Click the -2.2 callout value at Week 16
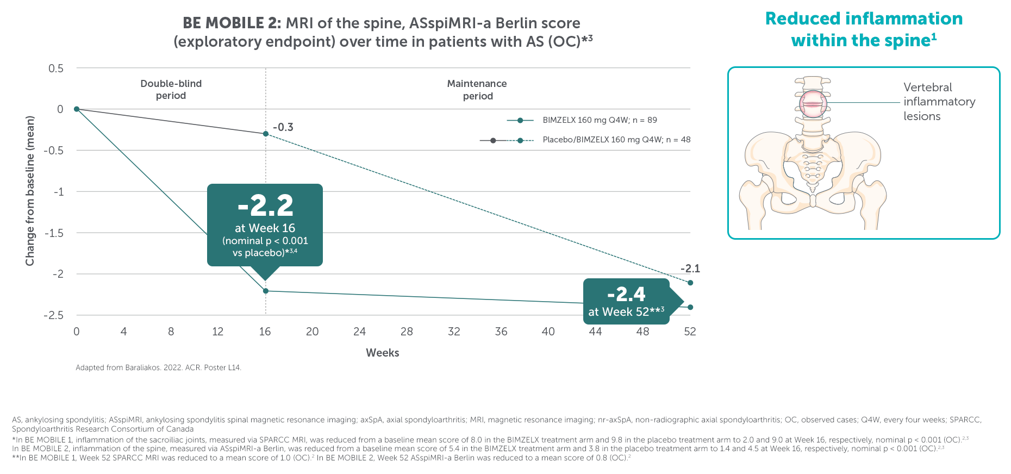coord(265,206)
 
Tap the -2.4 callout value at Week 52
coord(626,295)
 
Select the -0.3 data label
coord(283,127)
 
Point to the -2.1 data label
coord(690,269)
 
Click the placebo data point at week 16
coord(266,134)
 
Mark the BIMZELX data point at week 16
coord(266,291)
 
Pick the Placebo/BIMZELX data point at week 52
coord(690,283)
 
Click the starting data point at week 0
coord(77,109)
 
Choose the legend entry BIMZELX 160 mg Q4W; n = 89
coord(600,120)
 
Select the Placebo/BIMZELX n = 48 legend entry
coord(616,140)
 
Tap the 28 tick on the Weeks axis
coord(407,332)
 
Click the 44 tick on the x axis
coord(595,332)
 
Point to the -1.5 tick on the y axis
coord(54,233)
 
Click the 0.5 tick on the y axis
coord(56,68)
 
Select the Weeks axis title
coord(383,353)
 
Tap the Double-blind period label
coord(171,90)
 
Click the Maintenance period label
coord(477,90)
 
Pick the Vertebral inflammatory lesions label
coord(939,102)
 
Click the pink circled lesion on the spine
coord(813,104)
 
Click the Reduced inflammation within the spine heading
coord(864,29)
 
